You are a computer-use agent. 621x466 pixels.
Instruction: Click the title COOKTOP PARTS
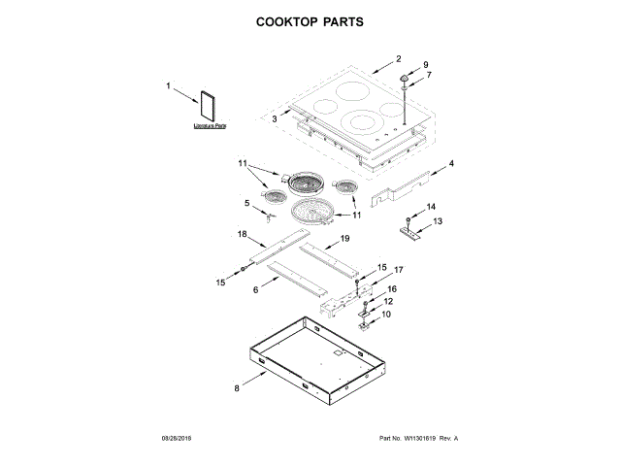(310, 20)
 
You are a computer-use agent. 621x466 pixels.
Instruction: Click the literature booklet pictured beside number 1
(208, 107)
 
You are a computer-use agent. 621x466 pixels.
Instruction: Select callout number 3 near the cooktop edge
(275, 118)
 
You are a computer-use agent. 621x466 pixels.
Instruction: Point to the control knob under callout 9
(404, 79)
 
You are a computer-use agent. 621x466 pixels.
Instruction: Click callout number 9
(424, 64)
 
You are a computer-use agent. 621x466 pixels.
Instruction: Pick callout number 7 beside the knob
(428, 75)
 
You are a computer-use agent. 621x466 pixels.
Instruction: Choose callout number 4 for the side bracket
(451, 164)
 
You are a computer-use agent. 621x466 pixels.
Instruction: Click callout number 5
(246, 203)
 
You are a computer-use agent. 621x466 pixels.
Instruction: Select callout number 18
(243, 235)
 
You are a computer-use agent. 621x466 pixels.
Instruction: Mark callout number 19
(344, 238)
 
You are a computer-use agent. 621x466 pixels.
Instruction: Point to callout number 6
(256, 289)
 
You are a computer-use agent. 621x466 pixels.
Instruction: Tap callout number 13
(437, 221)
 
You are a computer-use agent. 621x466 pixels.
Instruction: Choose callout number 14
(432, 207)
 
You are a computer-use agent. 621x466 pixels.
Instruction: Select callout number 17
(397, 269)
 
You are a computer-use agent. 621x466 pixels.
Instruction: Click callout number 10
(385, 315)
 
